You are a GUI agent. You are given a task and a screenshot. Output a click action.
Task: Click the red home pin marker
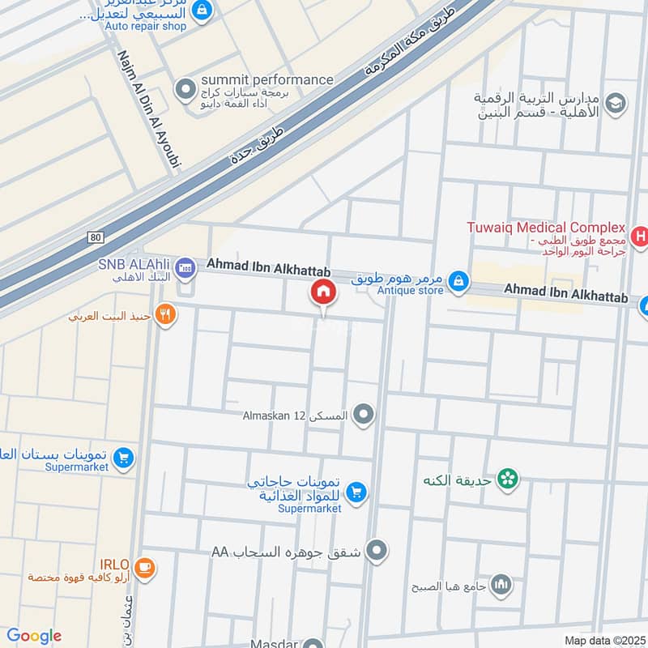(x=322, y=292)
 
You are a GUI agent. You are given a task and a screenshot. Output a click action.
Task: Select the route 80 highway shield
(x=97, y=237)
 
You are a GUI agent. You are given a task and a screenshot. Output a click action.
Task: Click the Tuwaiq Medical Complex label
(x=545, y=228)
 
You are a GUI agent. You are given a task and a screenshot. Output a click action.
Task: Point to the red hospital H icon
(x=640, y=237)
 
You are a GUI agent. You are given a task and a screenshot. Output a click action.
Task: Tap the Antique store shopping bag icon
(x=458, y=280)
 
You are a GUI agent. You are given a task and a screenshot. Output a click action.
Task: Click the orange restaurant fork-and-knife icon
(x=165, y=314)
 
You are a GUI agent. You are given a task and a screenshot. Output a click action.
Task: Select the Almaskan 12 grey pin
(x=364, y=416)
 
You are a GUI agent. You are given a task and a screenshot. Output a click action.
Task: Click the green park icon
(x=508, y=479)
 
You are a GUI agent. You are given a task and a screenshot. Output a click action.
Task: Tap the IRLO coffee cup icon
(x=145, y=567)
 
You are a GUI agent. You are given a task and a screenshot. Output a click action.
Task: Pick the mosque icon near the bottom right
(x=502, y=584)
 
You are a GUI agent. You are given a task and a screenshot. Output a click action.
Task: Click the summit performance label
(x=267, y=79)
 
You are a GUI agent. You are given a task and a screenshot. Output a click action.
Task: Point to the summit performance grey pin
(x=186, y=87)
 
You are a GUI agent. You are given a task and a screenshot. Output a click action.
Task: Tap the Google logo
(x=33, y=636)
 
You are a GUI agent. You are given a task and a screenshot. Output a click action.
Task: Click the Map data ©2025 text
(x=603, y=641)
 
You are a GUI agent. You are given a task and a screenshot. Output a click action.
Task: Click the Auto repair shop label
(x=145, y=26)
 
